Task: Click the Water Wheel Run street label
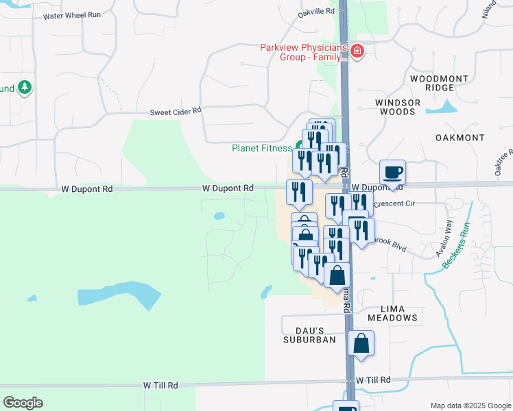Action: pos(72,15)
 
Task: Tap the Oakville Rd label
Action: pos(316,12)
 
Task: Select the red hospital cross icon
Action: pos(357,51)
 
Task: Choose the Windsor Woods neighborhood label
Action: pos(397,107)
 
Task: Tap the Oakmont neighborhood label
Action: pos(460,138)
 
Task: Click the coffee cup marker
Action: pos(392,171)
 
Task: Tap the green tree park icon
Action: pos(25,87)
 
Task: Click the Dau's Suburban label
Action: pos(310,334)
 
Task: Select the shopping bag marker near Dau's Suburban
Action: pos(361,343)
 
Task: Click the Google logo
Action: pos(23,403)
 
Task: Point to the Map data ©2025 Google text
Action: pos(470,406)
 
